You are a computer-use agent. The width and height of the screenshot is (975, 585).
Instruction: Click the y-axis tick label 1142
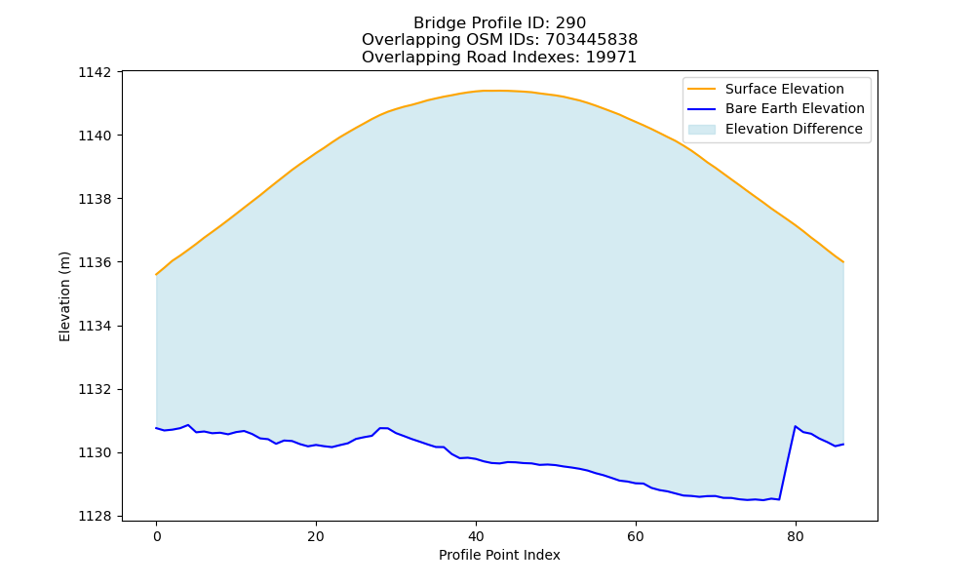pyautogui.click(x=95, y=72)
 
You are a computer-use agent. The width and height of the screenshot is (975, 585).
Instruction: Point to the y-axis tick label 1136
pyautogui.click(x=95, y=262)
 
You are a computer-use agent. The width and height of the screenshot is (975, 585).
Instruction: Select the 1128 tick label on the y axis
pyautogui.click(x=95, y=516)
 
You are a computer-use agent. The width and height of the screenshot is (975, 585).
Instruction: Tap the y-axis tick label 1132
pyautogui.click(x=95, y=389)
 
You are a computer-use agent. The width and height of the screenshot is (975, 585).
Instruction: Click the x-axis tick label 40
pyautogui.click(x=476, y=536)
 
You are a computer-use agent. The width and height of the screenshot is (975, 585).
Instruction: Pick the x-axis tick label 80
pyautogui.click(x=796, y=536)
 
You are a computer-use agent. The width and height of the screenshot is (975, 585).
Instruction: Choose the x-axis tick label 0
pyautogui.click(x=156, y=536)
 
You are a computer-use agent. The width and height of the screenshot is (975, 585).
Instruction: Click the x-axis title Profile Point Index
pyautogui.click(x=499, y=555)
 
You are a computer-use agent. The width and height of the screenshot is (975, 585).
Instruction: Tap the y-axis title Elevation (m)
pyautogui.click(x=64, y=296)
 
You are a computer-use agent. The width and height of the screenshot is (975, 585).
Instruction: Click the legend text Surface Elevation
pyautogui.click(x=785, y=89)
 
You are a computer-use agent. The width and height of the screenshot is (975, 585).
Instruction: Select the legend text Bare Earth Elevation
pyautogui.click(x=795, y=109)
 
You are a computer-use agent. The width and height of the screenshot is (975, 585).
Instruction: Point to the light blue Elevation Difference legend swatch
pyautogui.click(x=701, y=130)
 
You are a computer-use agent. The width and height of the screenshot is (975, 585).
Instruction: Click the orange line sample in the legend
pyautogui.click(x=701, y=89)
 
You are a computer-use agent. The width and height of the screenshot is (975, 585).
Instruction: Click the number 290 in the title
pyautogui.click(x=570, y=23)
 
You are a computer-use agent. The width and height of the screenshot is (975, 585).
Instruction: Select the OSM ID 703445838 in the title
pyautogui.click(x=592, y=40)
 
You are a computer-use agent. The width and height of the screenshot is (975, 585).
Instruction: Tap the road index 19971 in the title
pyautogui.click(x=611, y=58)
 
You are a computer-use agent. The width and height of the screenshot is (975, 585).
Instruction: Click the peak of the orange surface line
pyautogui.click(x=491, y=90)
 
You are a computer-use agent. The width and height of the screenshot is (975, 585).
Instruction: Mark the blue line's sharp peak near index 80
pyautogui.click(x=796, y=426)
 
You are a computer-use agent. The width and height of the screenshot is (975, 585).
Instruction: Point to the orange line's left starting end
pyautogui.click(x=156, y=274)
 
